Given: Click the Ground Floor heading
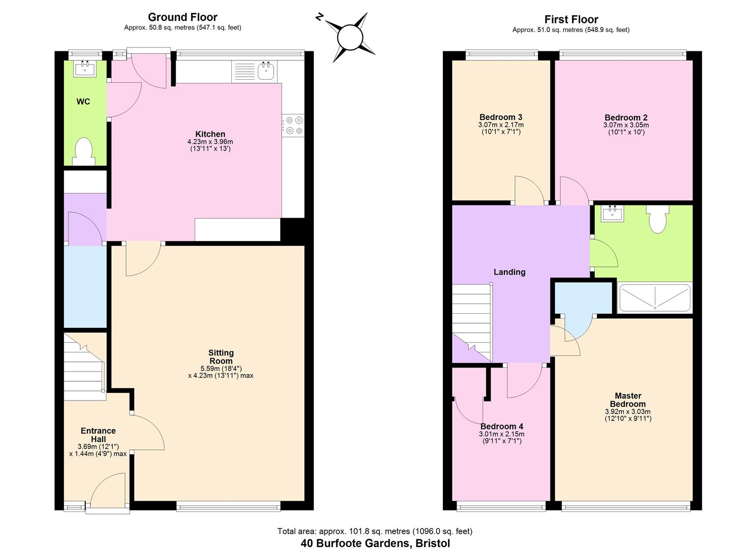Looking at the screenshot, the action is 183,17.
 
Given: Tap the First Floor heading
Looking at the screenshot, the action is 571,19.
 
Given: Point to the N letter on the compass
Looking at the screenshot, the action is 319,17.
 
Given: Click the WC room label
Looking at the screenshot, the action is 83,102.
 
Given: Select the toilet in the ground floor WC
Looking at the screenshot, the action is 83,151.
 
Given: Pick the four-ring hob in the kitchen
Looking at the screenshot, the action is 293,126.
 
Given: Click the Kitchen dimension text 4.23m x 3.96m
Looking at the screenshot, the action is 210,141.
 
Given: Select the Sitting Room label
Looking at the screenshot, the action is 221,356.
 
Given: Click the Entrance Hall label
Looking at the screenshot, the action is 98,435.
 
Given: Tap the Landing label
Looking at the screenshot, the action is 509,272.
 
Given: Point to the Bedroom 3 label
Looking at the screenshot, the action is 501,117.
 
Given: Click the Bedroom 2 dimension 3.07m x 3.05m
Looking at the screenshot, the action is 626,125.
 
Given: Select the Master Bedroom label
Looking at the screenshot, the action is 628,400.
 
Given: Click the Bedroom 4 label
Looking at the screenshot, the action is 502,426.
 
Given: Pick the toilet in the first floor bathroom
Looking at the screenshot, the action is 657,219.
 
